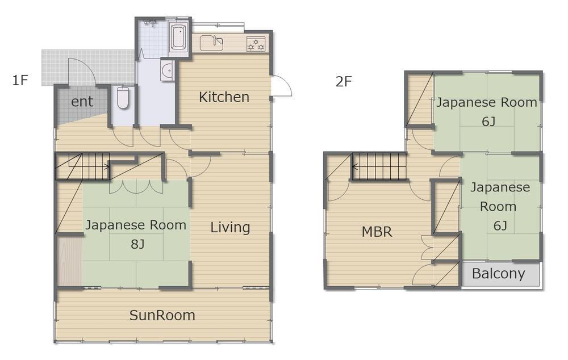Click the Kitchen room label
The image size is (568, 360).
224,97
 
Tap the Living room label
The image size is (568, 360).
230,228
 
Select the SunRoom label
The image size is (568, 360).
162,315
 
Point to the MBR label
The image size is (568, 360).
377,232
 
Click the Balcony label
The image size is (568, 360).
499,274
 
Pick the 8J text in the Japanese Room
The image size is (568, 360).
137,244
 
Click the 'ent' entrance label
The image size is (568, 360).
82,102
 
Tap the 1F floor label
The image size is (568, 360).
20,80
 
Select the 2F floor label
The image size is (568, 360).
344,82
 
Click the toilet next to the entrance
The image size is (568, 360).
123,97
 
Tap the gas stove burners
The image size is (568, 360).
256,44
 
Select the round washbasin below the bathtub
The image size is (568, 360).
168,70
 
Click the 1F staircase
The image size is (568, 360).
82,166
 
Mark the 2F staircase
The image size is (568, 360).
379,166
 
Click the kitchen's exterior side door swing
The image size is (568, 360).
281,86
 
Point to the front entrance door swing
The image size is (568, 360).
82,72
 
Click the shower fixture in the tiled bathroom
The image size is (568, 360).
149,23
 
